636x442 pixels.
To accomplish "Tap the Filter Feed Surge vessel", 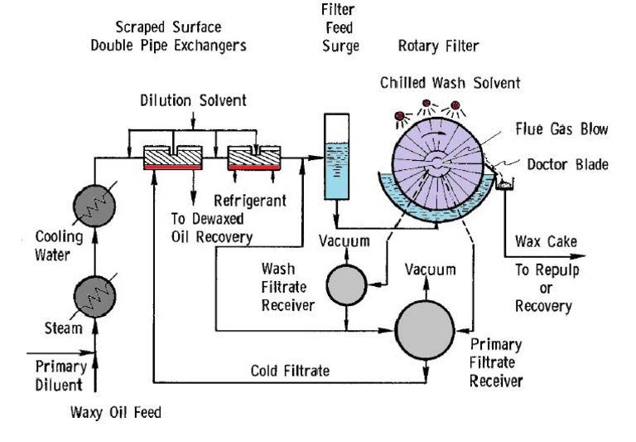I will (x=335, y=158).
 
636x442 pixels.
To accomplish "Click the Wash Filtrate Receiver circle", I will (x=345, y=286).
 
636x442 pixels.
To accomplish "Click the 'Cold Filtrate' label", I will (x=289, y=372).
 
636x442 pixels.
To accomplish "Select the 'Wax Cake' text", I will (x=546, y=242).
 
